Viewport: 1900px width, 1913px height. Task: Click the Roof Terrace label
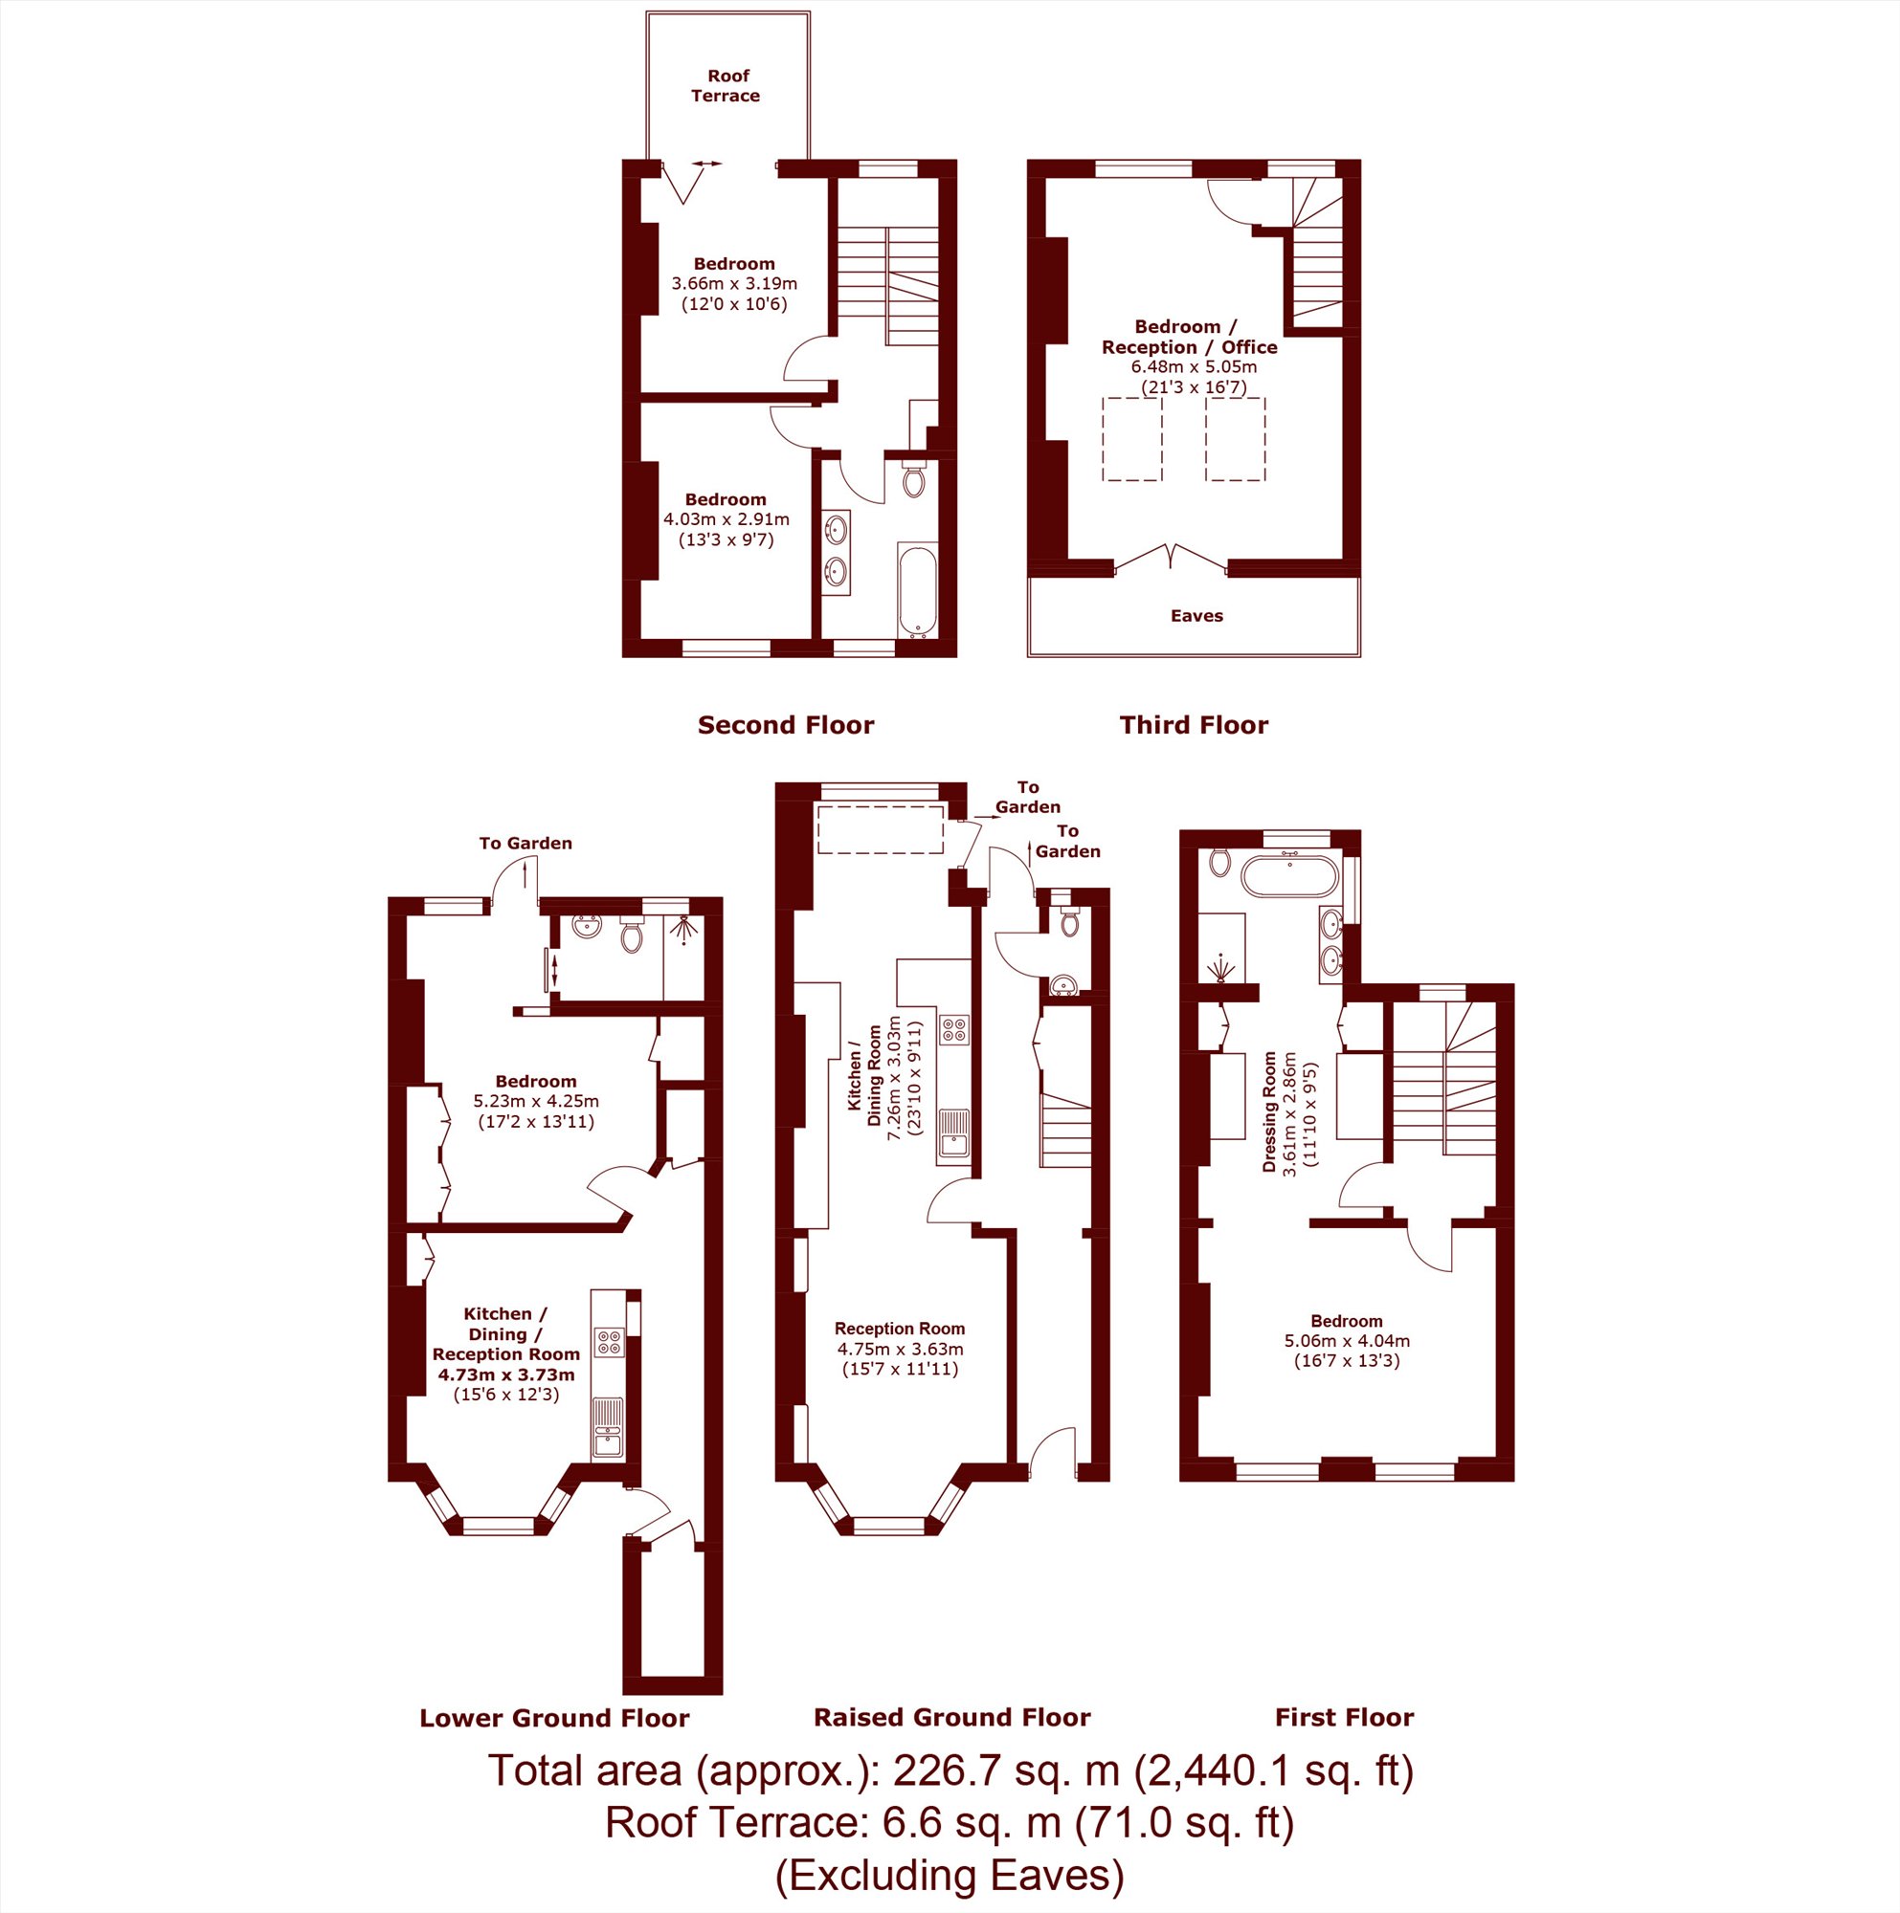click(x=726, y=86)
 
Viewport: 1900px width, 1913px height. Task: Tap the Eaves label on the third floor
click(x=1196, y=616)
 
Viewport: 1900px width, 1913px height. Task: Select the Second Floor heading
click(x=786, y=726)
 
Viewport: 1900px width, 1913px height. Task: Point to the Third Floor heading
click(x=1194, y=726)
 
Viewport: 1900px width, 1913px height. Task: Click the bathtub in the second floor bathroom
click(x=916, y=589)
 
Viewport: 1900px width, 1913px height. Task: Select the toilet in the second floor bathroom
click(x=913, y=478)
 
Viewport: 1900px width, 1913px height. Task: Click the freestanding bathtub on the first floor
click(x=1288, y=876)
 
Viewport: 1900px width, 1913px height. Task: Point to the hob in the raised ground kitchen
click(x=955, y=1030)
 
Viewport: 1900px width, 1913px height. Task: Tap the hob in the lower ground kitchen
click(x=608, y=1342)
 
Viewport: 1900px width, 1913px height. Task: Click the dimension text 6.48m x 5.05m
click(x=1194, y=366)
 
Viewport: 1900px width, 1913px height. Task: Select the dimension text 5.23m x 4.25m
click(x=536, y=1101)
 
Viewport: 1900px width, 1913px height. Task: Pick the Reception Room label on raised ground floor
click(x=900, y=1329)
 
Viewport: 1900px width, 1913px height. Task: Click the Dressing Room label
click(x=1269, y=1112)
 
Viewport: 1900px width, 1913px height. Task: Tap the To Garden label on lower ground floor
click(x=525, y=844)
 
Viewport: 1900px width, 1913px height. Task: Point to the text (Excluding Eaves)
click(x=949, y=1877)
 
